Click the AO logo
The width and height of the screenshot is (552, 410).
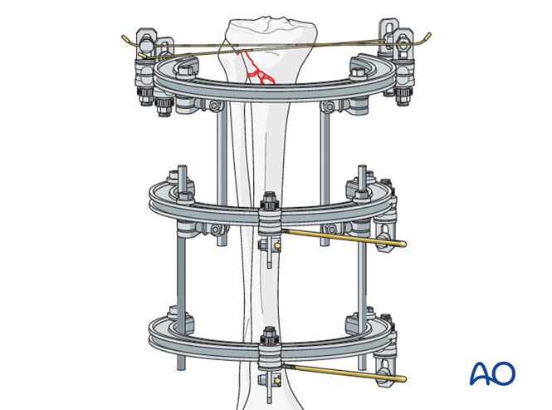pyautogui.click(x=492, y=373)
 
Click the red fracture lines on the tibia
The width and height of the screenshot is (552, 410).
pyautogui.click(x=256, y=68)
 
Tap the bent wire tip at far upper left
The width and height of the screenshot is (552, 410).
pyautogui.click(x=125, y=38)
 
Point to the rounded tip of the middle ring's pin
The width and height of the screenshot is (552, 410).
pyautogui.click(x=403, y=244)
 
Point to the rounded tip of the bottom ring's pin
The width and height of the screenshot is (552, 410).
pyautogui.click(x=403, y=379)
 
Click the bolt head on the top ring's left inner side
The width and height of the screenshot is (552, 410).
pyautogui.click(x=186, y=72)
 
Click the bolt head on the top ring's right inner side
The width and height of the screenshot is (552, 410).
pyautogui.click(x=357, y=74)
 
